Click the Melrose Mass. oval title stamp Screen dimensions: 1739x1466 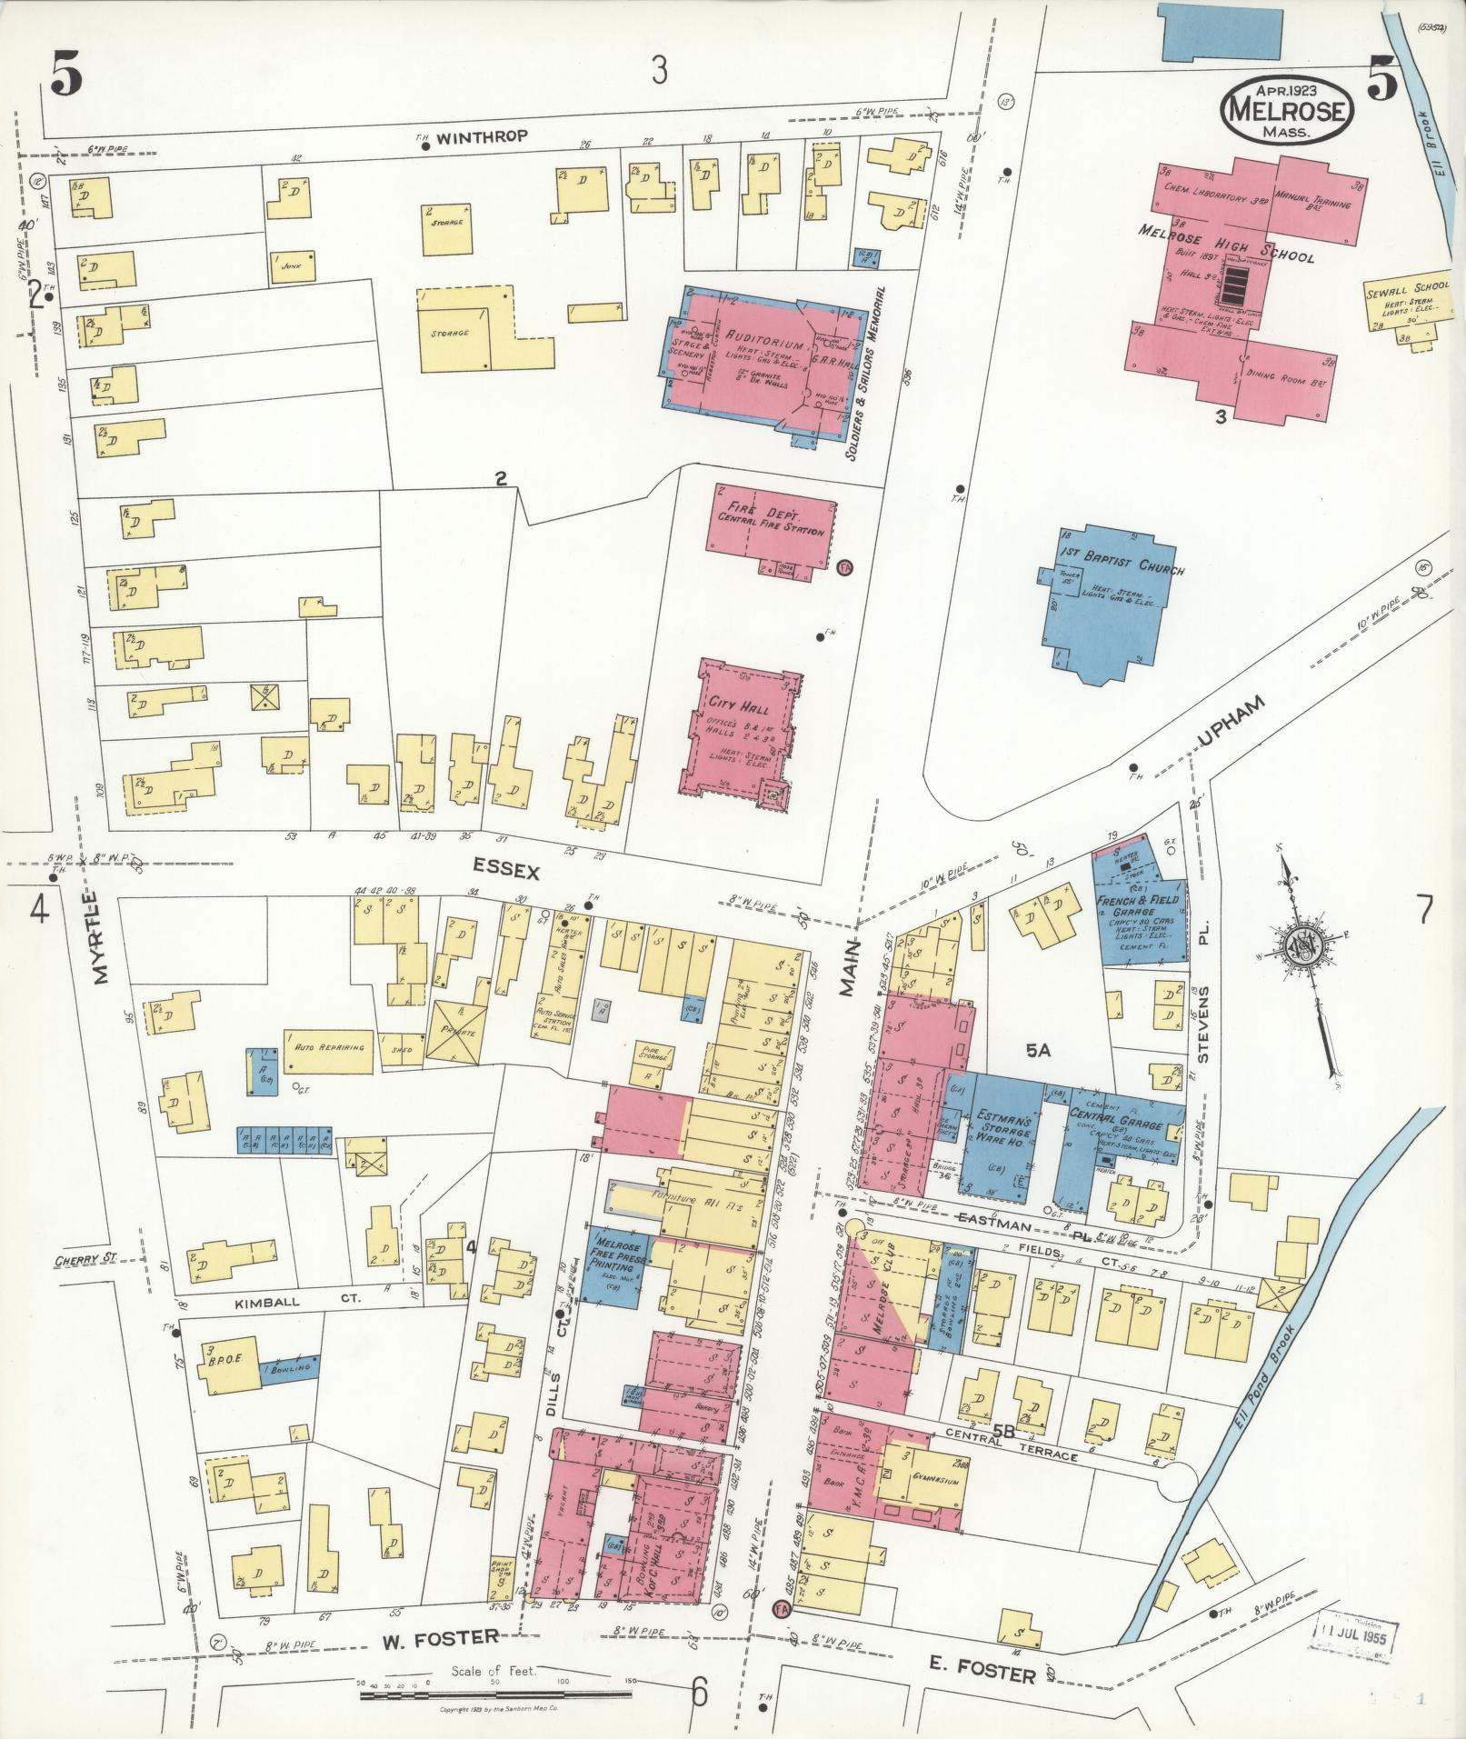[1286, 108]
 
